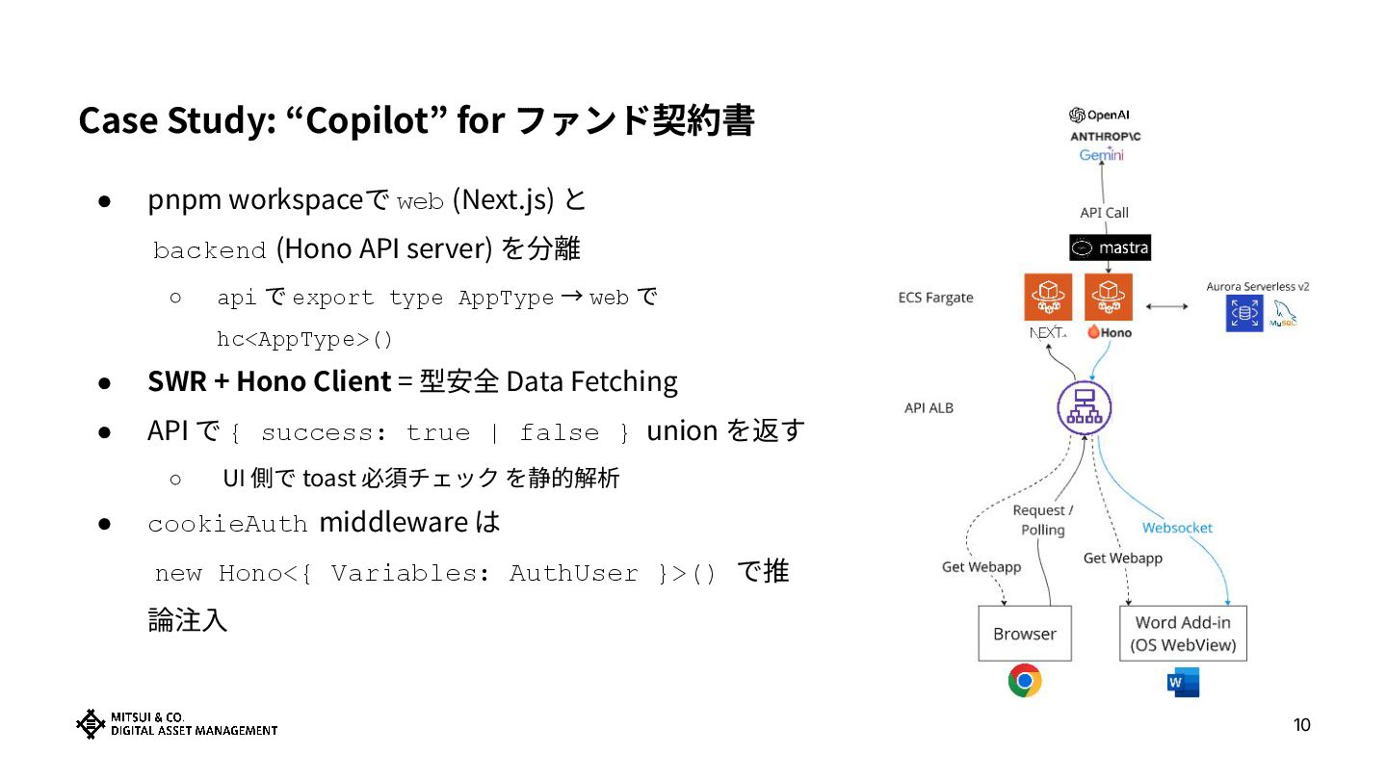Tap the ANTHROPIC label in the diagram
(x=1105, y=136)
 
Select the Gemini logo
(x=1102, y=156)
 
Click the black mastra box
(x=1110, y=248)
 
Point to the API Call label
(x=1104, y=213)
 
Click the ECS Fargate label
(x=935, y=298)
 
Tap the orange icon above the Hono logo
(x=1109, y=297)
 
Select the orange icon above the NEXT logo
(x=1047, y=297)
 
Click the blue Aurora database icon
(x=1243, y=313)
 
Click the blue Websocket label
(x=1177, y=528)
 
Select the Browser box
(x=1025, y=634)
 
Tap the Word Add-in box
(x=1183, y=634)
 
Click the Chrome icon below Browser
(x=1025, y=681)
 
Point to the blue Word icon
(x=1183, y=682)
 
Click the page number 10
(x=1301, y=725)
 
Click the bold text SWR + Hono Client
(x=269, y=381)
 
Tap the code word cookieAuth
(x=227, y=524)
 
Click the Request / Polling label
(x=1043, y=520)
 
